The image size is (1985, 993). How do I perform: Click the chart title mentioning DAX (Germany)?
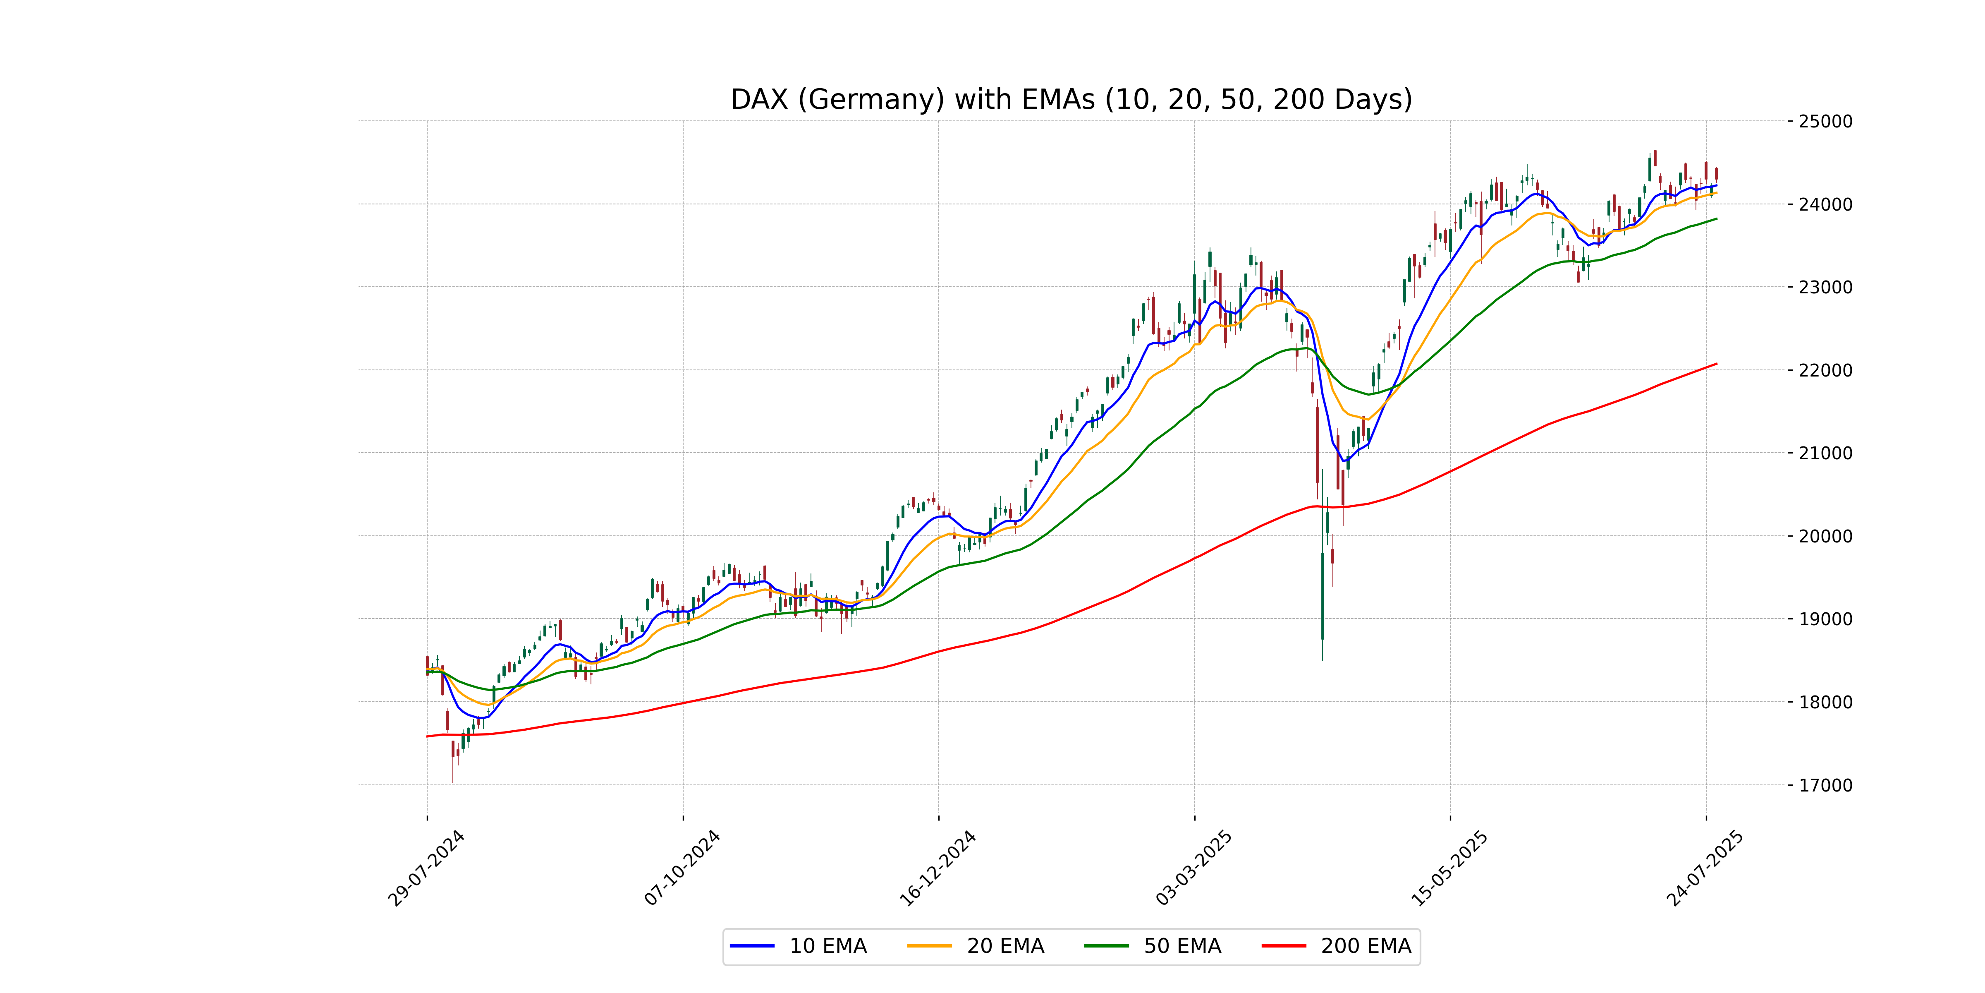[1071, 99]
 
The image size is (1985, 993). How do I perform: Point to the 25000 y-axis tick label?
[1825, 121]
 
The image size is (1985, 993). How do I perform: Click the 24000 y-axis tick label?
[1825, 204]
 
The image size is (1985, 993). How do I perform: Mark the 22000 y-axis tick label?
[1825, 370]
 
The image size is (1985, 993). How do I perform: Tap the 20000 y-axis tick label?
[1825, 536]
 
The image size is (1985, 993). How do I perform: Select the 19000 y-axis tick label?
[1825, 619]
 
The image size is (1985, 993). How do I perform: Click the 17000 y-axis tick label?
[1825, 785]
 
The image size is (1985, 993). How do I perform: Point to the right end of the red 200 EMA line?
[1716, 364]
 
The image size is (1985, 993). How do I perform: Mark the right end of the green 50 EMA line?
[1716, 219]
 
